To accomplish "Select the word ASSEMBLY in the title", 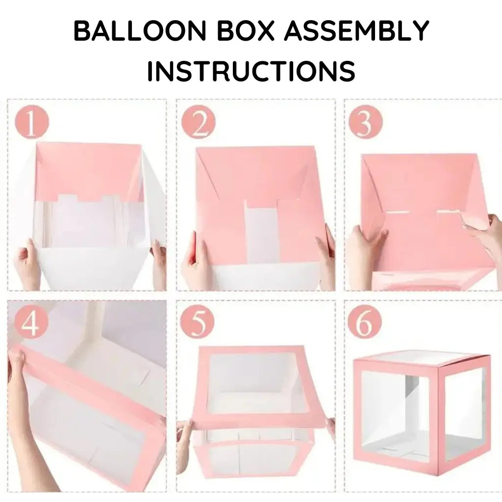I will [356, 31].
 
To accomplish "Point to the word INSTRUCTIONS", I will [251, 71].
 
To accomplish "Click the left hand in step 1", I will [27, 265].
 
